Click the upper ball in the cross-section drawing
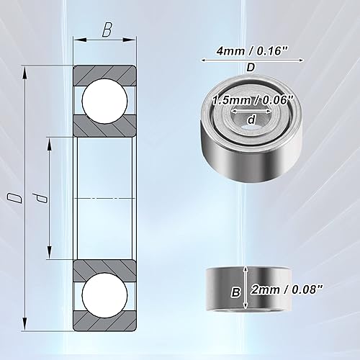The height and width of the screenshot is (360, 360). (105, 100)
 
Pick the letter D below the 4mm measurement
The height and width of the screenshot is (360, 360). (250, 66)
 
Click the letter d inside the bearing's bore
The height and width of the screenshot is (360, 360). (250, 120)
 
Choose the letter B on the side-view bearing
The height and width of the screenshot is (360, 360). (234, 293)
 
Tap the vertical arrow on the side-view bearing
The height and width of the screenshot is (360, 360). (248, 289)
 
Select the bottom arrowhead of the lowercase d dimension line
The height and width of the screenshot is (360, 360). (49, 254)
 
